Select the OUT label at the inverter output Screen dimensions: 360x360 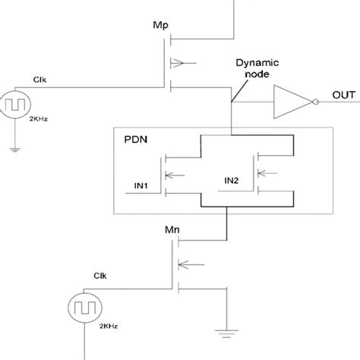click(x=344, y=95)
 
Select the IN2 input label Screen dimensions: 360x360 click(x=232, y=180)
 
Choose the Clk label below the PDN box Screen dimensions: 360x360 click(x=99, y=276)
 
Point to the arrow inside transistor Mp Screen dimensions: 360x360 click(x=180, y=61)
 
